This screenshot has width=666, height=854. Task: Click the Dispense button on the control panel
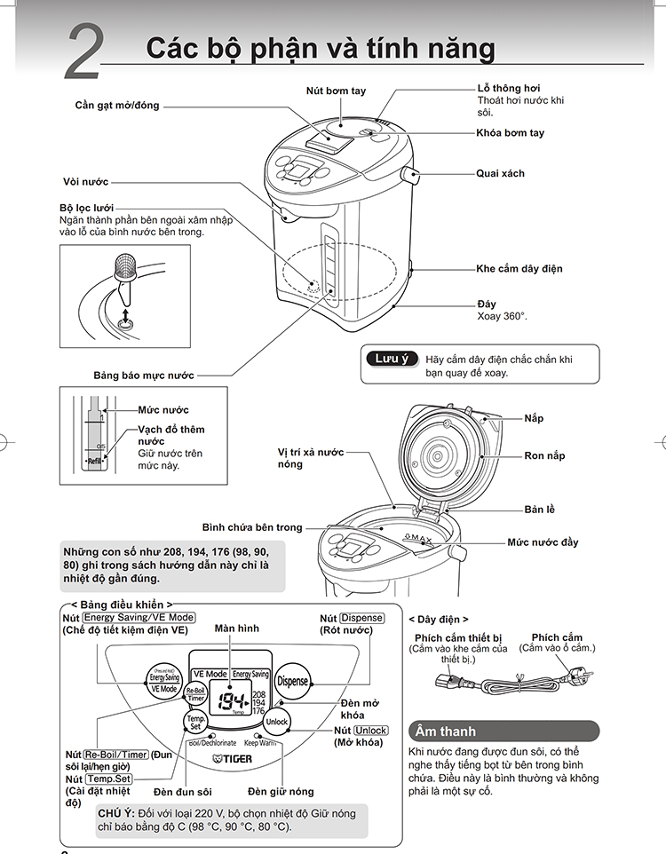pos(292,682)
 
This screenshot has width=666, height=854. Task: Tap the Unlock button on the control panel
pos(277,721)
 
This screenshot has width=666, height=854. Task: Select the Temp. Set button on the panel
pos(196,722)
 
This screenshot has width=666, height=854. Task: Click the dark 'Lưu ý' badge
pos(392,359)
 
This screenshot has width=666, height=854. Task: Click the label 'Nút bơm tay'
pos(336,91)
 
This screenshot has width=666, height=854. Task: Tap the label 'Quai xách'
pos(500,173)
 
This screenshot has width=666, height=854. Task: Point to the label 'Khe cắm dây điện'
pos(519,268)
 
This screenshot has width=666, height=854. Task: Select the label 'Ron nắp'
pos(544,455)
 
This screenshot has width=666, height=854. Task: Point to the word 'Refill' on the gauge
pos(94,462)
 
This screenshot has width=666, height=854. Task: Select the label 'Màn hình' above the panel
pos(237,628)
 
